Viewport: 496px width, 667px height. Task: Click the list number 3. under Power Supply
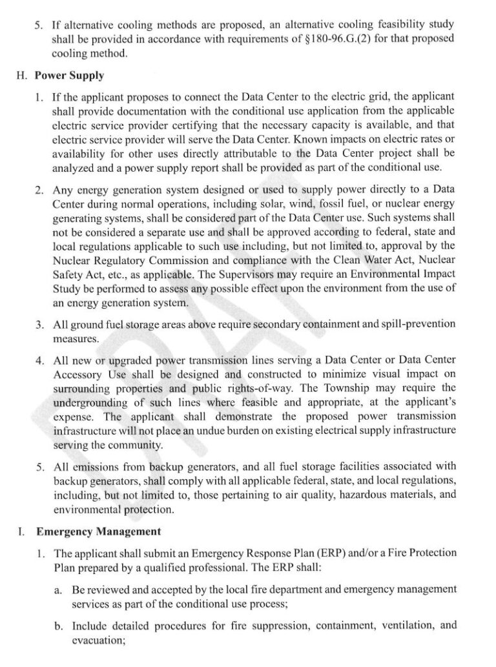click(39, 323)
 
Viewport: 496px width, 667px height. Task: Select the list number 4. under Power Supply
click(39, 359)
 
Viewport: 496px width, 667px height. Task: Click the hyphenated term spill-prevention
click(417, 323)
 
